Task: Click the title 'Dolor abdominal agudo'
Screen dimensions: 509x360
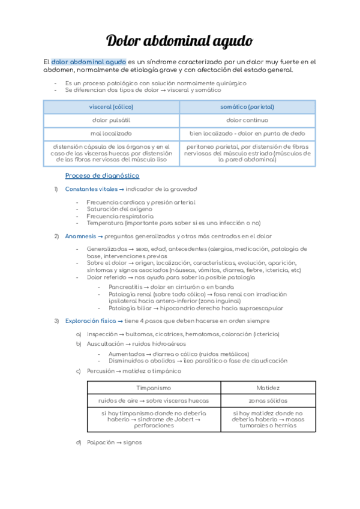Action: [179, 41]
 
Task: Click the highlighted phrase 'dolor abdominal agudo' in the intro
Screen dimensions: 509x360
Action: [88, 62]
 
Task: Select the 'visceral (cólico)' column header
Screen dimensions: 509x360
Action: [111, 107]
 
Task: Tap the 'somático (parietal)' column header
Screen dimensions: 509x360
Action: [247, 107]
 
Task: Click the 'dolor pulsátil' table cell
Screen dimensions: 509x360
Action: [111, 120]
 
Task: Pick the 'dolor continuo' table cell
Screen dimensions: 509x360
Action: [247, 120]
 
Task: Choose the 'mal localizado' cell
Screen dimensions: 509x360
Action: [111, 133]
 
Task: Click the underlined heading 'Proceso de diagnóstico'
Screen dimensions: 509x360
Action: [102, 175]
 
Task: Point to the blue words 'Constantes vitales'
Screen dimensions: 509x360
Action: [91, 190]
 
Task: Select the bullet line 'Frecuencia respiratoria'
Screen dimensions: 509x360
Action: [120, 216]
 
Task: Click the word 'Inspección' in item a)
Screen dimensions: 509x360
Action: [103, 334]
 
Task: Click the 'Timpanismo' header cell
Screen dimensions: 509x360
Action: [154, 388]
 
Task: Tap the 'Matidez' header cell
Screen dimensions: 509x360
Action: [268, 388]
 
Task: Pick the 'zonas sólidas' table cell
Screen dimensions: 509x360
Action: [268, 400]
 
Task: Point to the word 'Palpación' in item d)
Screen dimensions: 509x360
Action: [101, 442]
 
